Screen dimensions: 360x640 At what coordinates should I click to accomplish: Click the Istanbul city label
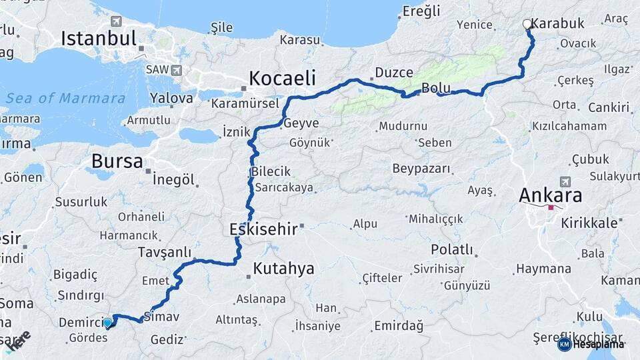(99, 38)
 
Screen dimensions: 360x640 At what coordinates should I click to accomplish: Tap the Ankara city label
(550, 196)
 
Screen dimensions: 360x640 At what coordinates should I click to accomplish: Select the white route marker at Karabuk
(527, 24)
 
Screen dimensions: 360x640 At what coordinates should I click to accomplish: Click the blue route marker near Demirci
(107, 323)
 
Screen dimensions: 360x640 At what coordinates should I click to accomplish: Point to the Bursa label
(117, 161)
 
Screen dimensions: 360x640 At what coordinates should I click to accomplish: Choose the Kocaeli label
(282, 78)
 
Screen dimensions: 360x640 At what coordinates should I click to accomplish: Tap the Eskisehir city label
(263, 229)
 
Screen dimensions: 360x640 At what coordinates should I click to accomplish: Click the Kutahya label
(283, 269)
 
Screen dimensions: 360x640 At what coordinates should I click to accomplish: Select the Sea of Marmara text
(65, 98)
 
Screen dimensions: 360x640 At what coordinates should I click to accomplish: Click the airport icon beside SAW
(176, 69)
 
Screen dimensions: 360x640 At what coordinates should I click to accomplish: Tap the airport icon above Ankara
(565, 181)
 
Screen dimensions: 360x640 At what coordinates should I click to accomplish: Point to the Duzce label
(393, 72)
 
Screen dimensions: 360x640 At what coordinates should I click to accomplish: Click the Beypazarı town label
(421, 168)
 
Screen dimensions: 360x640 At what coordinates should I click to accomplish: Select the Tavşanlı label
(164, 252)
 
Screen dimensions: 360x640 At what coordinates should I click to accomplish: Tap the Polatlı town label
(452, 250)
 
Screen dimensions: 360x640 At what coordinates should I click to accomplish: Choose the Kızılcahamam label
(569, 126)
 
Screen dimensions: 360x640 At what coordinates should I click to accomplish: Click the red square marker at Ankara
(551, 207)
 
